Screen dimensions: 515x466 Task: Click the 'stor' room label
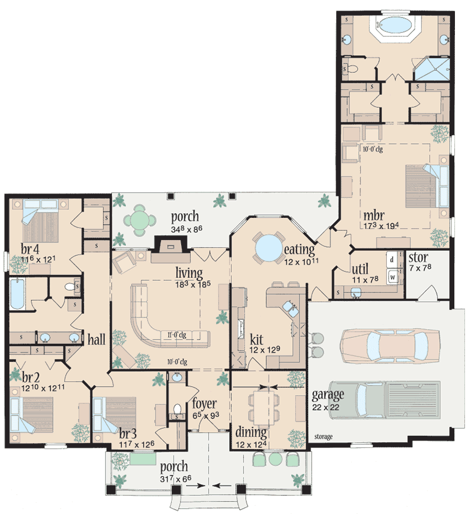tap(418, 257)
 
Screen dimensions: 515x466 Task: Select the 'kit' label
tap(256, 338)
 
